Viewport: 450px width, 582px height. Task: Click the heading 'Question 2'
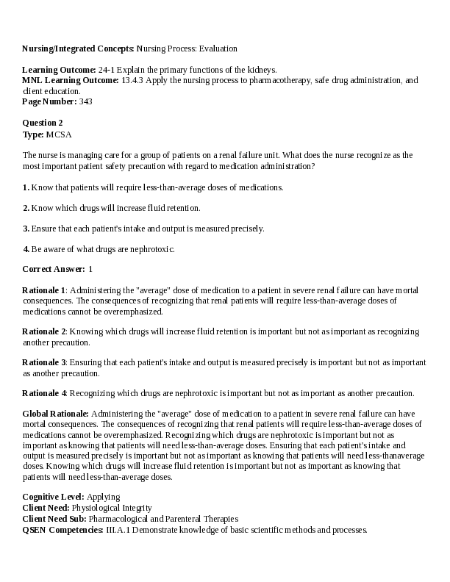[43, 123]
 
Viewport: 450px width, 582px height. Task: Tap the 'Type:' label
[33, 134]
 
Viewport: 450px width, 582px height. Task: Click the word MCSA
[59, 134]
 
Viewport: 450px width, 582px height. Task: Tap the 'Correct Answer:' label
[54, 270]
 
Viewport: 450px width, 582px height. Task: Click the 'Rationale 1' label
[44, 290]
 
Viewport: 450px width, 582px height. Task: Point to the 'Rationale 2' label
[44, 331]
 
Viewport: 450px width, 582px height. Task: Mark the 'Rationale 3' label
[44, 362]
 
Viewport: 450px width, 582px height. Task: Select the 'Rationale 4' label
[44, 393]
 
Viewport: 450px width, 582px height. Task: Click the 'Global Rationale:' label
[56, 414]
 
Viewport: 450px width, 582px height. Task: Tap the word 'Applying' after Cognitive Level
[103, 497]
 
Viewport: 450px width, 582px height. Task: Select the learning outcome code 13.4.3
[132, 81]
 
